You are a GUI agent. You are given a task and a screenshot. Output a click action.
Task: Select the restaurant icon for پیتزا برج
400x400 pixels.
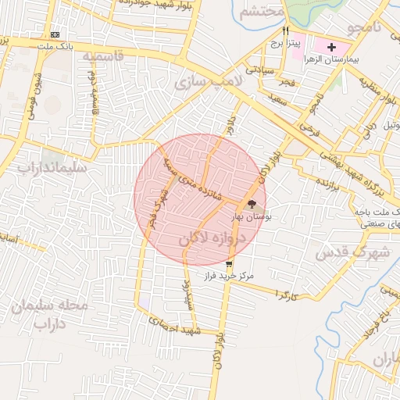pyautogui.click(x=286, y=31)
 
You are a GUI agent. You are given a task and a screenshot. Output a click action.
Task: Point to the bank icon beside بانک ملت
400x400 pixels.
pyautogui.click(x=55, y=35)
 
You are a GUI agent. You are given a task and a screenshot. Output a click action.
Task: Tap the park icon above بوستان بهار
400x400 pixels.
pyautogui.click(x=251, y=204)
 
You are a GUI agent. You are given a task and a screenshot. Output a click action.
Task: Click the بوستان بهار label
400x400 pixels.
pyautogui.click(x=251, y=216)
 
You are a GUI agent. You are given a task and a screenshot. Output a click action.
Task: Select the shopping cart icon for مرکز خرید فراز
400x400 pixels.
pyautogui.click(x=228, y=263)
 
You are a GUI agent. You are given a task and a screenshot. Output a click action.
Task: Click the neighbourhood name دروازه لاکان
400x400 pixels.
pyautogui.click(x=212, y=238)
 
